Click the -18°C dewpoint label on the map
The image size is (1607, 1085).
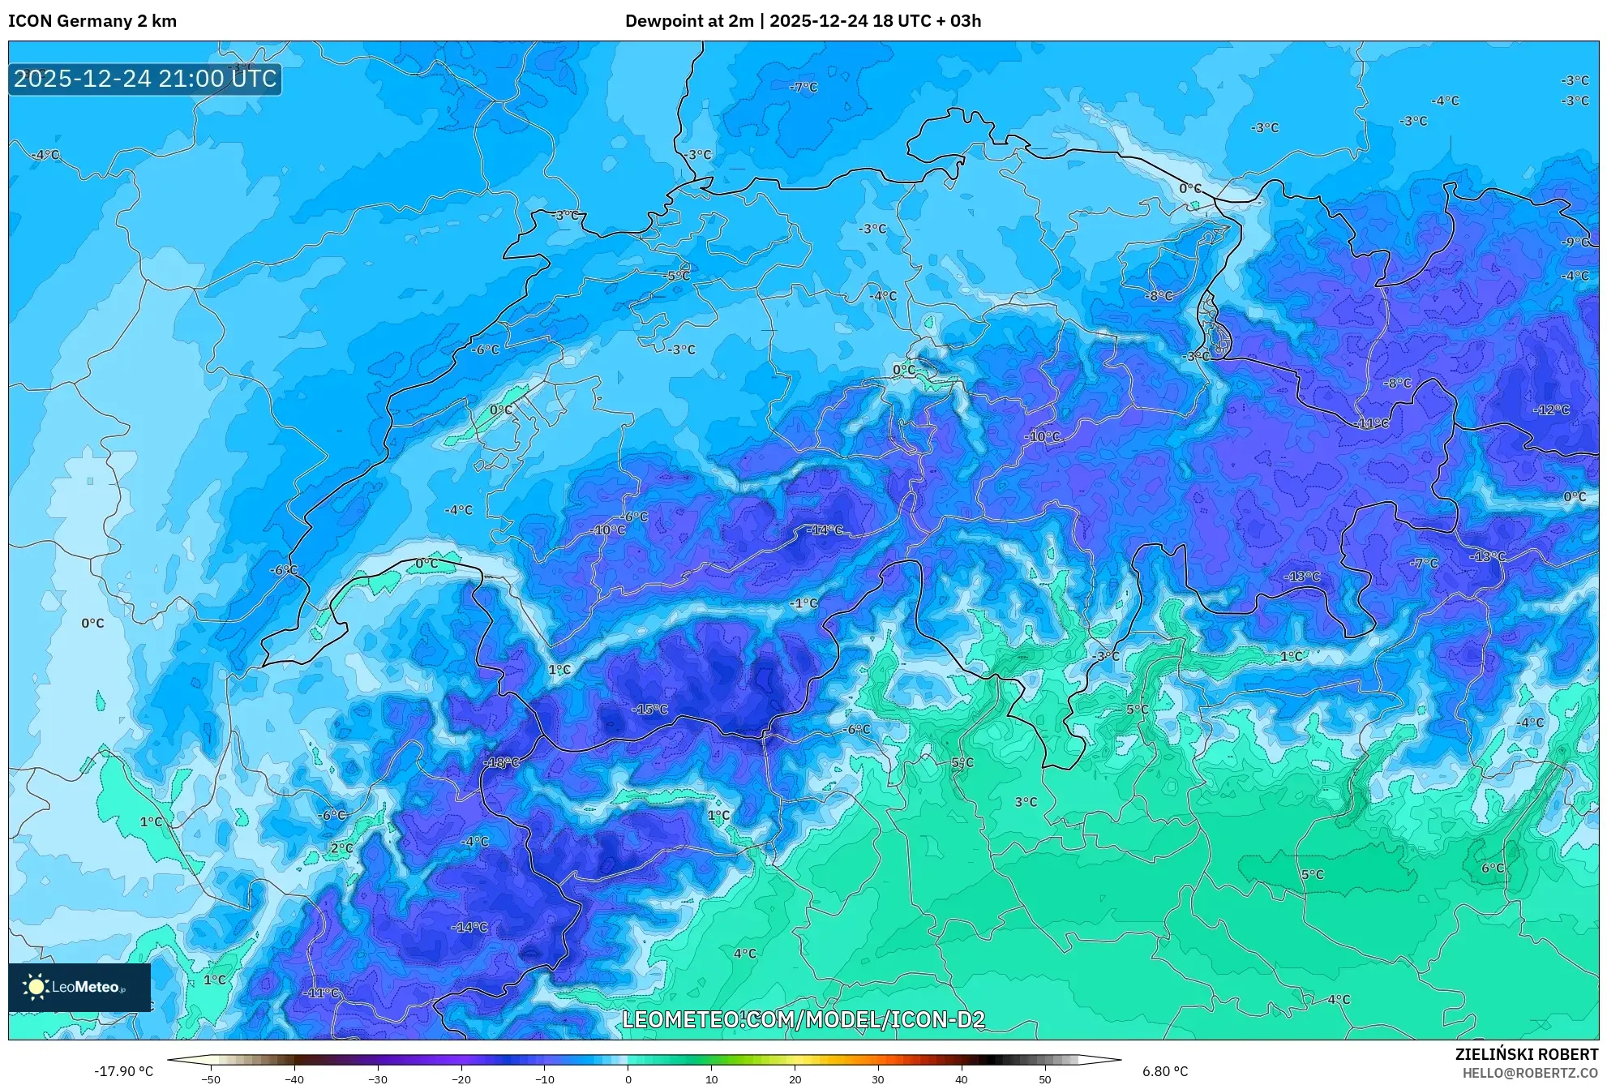click(x=500, y=763)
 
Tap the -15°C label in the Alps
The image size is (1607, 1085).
click(x=649, y=710)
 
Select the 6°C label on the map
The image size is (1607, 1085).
click(x=1492, y=868)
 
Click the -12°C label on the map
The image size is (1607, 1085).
click(x=1550, y=410)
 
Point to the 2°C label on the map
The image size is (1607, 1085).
click(x=341, y=848)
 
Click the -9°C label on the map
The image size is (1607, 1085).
click(x=1575, y=242)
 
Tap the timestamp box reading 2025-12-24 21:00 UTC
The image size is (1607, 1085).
click(x=145, y=79)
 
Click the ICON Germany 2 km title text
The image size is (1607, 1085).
click(x=92, y=21)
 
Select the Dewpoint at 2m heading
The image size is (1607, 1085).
click(x=688, y=21)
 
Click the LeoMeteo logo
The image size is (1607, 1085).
click(x=79, y=987)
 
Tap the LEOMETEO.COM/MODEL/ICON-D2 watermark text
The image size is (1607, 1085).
click(x=803, y=1020)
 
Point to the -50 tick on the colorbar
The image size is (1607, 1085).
click(x=211, y=1079)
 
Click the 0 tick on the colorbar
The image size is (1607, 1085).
click(x=628, y=1079)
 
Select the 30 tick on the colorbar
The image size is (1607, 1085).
click(x=877, y=1079)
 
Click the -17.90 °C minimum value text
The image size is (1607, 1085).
click(x=123, y=1071)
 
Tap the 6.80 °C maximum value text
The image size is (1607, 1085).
click(x=1165, y=1071)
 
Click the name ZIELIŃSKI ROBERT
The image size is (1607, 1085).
click(x=1526, y=1054)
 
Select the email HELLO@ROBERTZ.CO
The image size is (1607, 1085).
click(x=1529, y=1073)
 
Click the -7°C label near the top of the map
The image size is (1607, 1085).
click(x=803, y=88)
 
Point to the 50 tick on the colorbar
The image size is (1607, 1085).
click(x=1044, y=1079)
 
